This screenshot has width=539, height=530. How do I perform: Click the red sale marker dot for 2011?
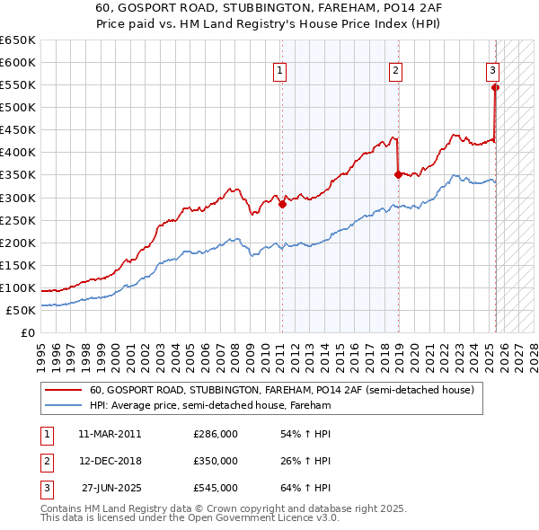(281, 204)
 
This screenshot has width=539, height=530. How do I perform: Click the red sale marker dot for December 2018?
(397, 175)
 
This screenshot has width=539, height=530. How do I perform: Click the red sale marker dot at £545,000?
(495, 87)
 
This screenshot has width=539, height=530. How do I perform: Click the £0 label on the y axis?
(26, 333)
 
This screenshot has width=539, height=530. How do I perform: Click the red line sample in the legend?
(64, 390)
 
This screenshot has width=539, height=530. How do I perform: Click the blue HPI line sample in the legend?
(64, 405)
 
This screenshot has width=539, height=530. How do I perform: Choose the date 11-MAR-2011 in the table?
(110, 434)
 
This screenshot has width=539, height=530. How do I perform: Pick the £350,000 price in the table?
(216, 461)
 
